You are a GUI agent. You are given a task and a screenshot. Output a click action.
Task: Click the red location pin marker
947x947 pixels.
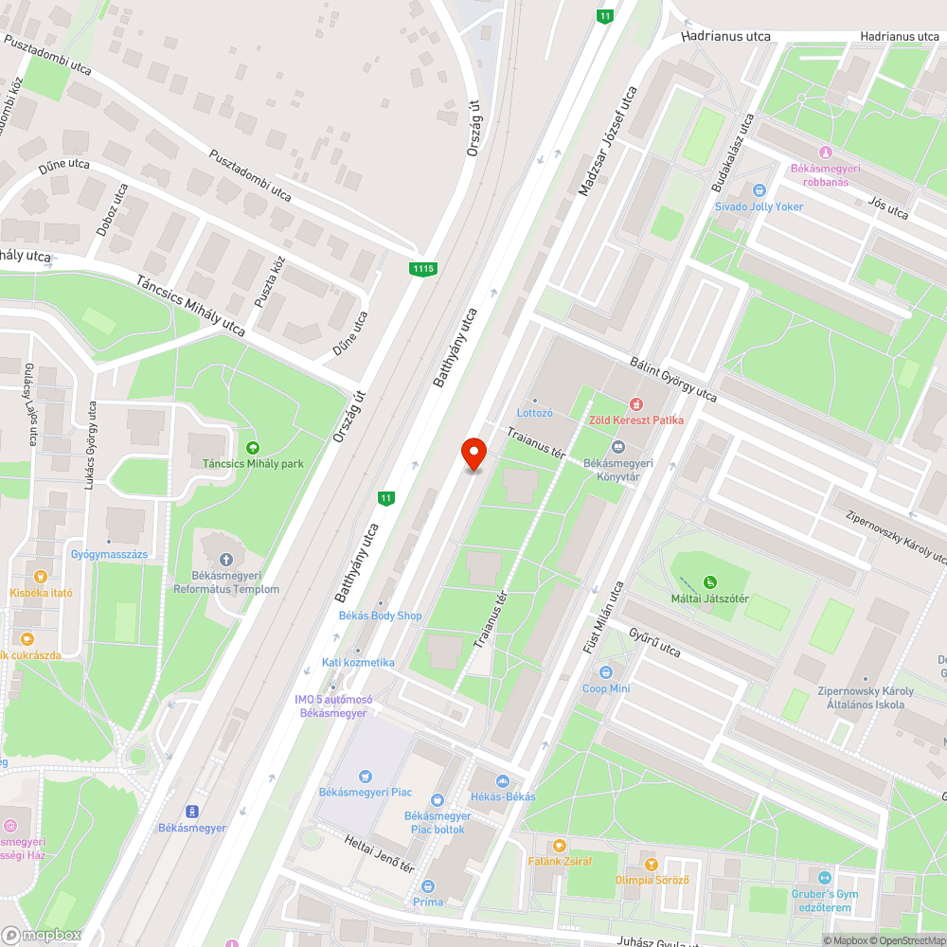pyautogui.click(x=473, y=454)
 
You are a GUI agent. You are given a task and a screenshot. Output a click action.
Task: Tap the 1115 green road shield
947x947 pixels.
pyautogui.click(x=423, y=270)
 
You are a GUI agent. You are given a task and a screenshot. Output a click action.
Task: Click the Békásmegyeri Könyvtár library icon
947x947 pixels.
pyautogui.click(x=618, y=446)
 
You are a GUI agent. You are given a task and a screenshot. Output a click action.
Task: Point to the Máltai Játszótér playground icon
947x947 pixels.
pyautogui.click(x=709, y=582)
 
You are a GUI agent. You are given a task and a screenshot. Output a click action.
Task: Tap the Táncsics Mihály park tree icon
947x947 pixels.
pyautogui.click(x=252, y=447)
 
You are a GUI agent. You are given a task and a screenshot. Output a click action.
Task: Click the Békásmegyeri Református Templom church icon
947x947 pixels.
pyautogui.click(x=225, y=560)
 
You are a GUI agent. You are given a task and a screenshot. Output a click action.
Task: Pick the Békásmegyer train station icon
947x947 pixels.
pyautogui.click(x=192, y=811)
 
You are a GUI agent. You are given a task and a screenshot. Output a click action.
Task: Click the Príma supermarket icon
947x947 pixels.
pyautogui.click(x=428, y=886)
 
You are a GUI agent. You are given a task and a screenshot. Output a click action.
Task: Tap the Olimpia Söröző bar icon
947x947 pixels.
pyautogui.click(x=651, y=864)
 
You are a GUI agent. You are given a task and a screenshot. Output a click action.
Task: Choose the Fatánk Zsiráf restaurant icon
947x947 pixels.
pyautogui.click(x=560, y=845)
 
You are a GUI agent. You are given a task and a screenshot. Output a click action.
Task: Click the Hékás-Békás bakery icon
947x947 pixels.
pyautogui.click(x=503, y=780)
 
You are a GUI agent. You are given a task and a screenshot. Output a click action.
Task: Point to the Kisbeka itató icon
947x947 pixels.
pyautogui.click(x=40, y=576)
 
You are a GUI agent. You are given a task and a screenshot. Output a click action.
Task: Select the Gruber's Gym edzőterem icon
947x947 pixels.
pyautogui.click(x=823, y=878)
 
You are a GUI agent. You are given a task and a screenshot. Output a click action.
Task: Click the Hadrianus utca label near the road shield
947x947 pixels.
pyautogui.click(x=725, y=37)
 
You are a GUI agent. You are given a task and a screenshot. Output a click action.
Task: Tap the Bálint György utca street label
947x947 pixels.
pyautogui.click(x=673, y=380)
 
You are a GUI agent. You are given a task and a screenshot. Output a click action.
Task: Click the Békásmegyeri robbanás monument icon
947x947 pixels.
pyautogui.click(x=825, y=152)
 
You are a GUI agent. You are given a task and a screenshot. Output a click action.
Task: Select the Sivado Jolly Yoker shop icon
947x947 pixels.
pyautogui.click(x=758, y=189)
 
